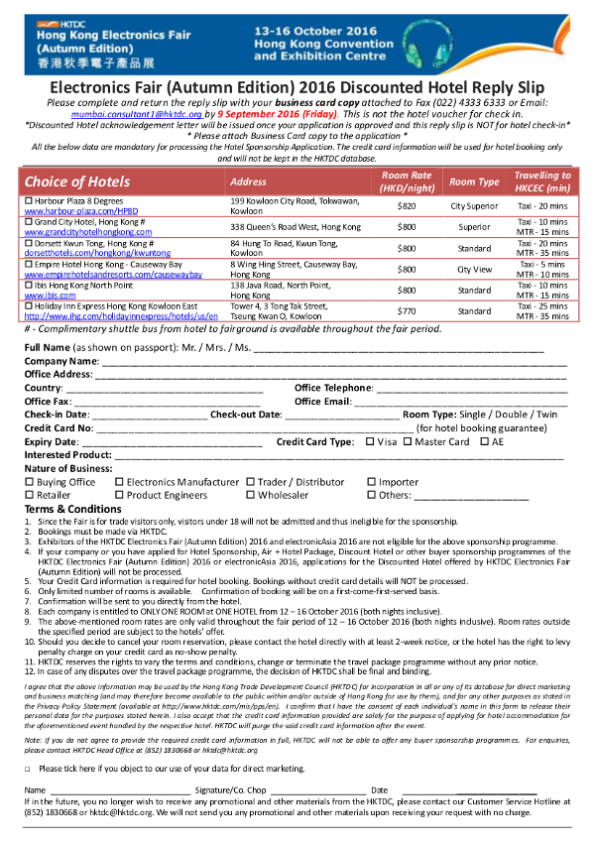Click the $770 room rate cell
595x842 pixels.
click(407, 310)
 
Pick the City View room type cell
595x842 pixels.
click(474, 269)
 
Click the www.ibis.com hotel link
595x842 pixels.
click(50, 296)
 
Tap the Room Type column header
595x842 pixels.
click(474, 181)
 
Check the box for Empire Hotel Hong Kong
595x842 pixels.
click(28, 265)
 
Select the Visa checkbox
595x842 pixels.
click(370, 441)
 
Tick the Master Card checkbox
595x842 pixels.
click(407, 441)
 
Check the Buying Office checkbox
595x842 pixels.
click(29, 482)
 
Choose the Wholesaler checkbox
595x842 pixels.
click(251, 495)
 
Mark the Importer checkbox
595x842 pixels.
click(371, 482)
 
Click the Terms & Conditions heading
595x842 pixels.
click(72, 509)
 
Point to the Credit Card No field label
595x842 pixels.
click(59, 427)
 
